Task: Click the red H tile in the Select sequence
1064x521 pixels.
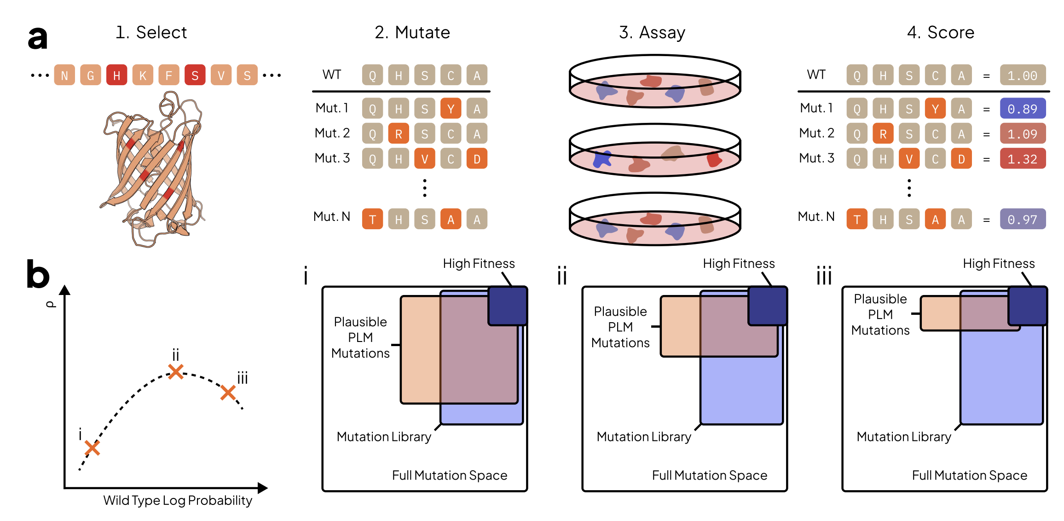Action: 116,75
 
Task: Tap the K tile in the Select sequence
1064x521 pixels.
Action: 143,75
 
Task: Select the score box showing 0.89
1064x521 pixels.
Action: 1023,109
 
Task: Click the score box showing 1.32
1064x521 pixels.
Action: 1023,159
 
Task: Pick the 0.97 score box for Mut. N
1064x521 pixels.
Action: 1023,219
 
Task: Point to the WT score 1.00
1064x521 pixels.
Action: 1023,75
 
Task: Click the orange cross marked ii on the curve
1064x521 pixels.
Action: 176,371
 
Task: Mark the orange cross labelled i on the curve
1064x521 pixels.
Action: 92,447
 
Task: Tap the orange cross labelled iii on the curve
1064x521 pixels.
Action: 228,393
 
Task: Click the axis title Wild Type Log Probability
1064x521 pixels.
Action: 178,500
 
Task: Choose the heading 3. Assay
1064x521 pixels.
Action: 652,32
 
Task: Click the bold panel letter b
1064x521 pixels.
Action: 38,274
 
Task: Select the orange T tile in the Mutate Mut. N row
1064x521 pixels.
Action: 372,219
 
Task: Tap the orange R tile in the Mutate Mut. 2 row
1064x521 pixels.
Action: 399,134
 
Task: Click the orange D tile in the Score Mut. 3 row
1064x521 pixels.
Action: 961,159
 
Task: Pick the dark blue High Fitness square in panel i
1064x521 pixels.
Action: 507,306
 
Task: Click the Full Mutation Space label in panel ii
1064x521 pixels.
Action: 710,475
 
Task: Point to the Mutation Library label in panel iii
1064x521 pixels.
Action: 904,436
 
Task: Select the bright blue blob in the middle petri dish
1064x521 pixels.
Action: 602,159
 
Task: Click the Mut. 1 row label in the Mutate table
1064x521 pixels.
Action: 332,108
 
